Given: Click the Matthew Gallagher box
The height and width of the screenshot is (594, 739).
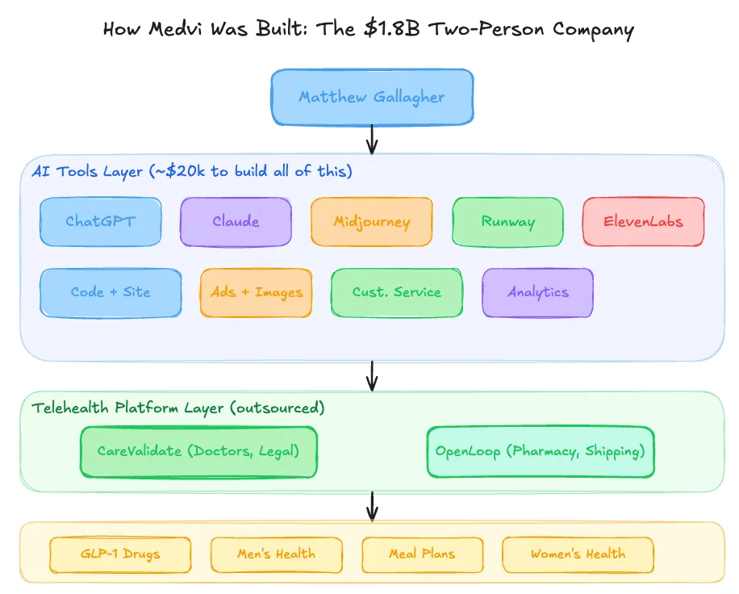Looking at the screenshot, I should pos(372,97).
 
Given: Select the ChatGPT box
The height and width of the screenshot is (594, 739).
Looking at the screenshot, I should pos(100,222).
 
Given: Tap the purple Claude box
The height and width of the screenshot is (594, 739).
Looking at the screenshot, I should pos(236,222).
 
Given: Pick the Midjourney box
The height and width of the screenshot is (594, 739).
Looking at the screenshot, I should pos(372,222).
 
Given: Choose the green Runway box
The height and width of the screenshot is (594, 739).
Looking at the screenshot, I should pos(507,222).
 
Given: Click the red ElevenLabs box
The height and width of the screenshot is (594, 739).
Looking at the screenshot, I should pos(644,222).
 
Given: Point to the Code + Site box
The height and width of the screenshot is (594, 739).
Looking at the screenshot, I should pos(111,292).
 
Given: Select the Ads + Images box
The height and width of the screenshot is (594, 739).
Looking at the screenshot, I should pos(256,292).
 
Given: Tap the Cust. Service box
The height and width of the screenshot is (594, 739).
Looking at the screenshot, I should pos(397,292).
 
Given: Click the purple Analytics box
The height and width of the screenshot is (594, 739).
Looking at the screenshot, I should pos(537,292).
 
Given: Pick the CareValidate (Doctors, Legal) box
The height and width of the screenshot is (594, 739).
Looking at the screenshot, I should pos(198,451).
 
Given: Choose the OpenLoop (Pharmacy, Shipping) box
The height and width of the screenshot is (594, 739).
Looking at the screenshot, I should pos(540,451).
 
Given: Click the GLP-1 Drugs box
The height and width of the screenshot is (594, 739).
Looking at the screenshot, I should pos(120,554).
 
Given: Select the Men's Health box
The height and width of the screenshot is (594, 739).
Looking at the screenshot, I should pos(276,554).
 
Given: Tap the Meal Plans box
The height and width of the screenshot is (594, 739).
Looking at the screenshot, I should pos(422,554).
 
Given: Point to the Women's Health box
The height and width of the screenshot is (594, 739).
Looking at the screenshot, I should pos(578,554).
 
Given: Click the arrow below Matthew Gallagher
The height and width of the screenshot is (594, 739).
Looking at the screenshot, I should pos(372,139).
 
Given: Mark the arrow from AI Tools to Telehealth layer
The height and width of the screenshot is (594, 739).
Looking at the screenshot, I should pos(372,374).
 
